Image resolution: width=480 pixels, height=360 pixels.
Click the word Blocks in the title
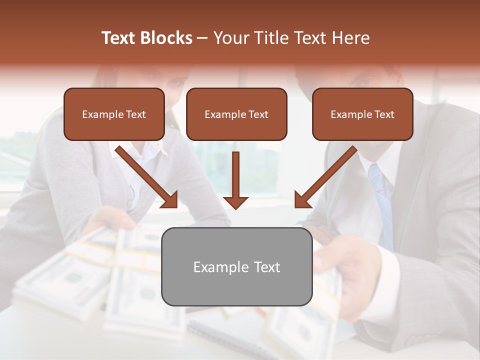[x=165, y=38]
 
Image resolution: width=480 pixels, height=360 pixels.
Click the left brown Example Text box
[x=114, y=114]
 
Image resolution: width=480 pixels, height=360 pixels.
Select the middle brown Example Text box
[x=236, y=114]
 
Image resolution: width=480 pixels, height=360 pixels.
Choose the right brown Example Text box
[x=362, y=114]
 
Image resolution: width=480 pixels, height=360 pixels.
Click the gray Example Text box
[x=236, y=266]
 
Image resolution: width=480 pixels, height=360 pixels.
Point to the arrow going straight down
[x=235, y=180]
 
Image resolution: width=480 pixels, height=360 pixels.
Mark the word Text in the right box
[x=384, y=114]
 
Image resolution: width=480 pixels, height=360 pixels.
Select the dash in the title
[x=202, y=38]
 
